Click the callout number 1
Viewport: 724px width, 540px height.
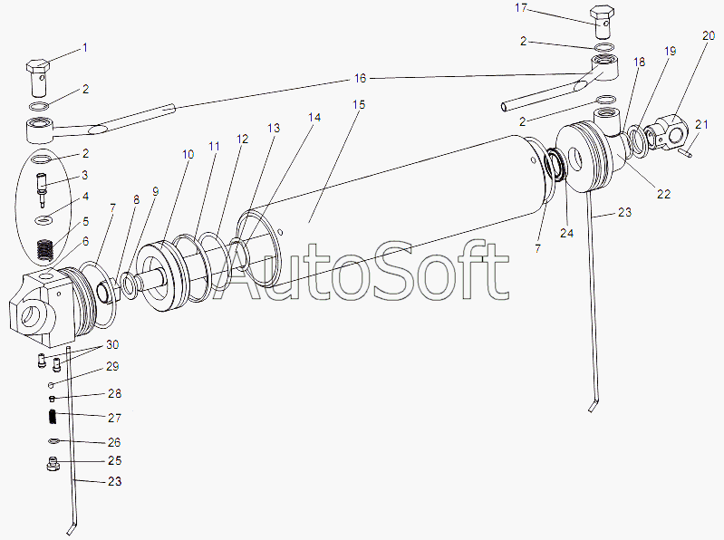(84, 47)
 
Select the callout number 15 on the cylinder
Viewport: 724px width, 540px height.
(358, 105)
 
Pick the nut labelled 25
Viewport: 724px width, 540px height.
(53, 463)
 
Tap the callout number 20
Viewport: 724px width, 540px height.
(709, 36)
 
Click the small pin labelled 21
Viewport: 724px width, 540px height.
(685, 151)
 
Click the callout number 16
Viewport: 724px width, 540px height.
(360, 79)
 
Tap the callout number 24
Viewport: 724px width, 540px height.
(566, 233)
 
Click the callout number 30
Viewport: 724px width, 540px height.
(112, 345)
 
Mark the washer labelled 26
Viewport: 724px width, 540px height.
(54, 441)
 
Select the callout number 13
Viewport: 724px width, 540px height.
(274, 128)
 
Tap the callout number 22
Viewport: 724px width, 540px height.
(663, 194)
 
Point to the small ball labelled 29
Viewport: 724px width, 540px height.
(52, 384)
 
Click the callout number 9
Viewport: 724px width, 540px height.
(155, 191)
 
